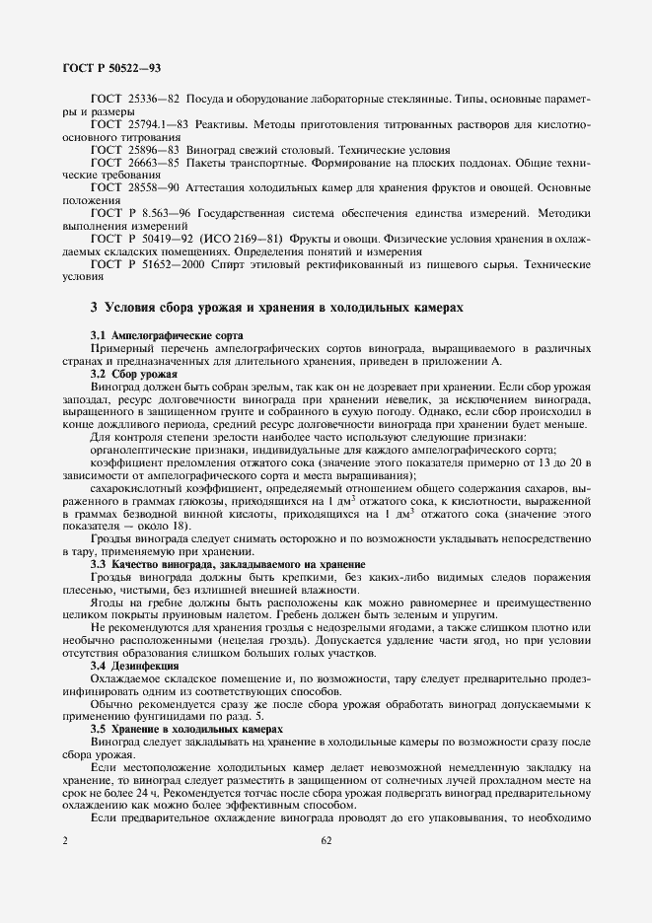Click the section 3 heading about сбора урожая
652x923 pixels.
coord(276,308)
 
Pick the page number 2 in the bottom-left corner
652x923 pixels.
coord(64,841)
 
